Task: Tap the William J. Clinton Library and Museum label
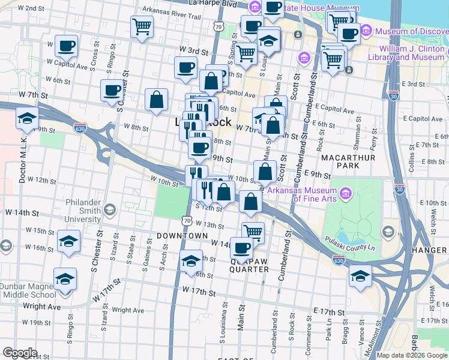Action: pyautogui.click(x=411, y=53)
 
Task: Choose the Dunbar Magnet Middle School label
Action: pyautogui.click(x=28, y=290)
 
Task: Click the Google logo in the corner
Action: pyautogui.click(x=20, y=353)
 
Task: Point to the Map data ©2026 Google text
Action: pyautogui.click(x=412, y=355)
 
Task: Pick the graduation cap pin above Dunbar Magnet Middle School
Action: pyautogui.click(x=65, y=278)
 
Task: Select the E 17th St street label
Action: pyautogui.click(x=329, y=313)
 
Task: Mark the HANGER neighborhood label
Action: pyautogui.click(x=433, y=250)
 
